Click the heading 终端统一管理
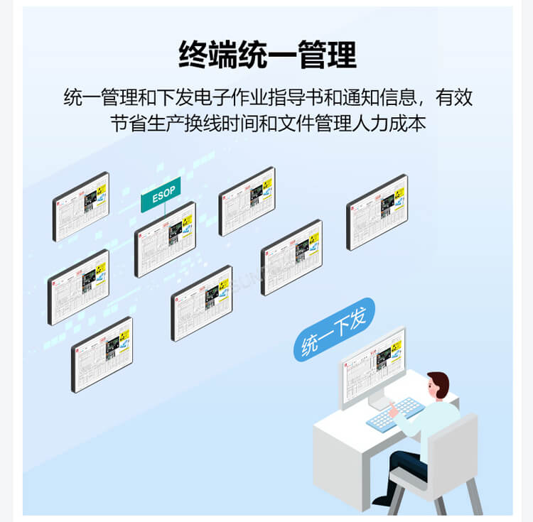pos(267,54)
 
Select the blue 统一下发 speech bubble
pos(334,331)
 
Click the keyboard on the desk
pos(395,413)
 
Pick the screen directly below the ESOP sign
pos(165,239)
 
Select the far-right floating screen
pos(377,212)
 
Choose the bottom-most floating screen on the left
pos(102,354)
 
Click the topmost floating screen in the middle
pos(247,200)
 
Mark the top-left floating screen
pos(80,206)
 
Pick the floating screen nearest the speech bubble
pos(291,256)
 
